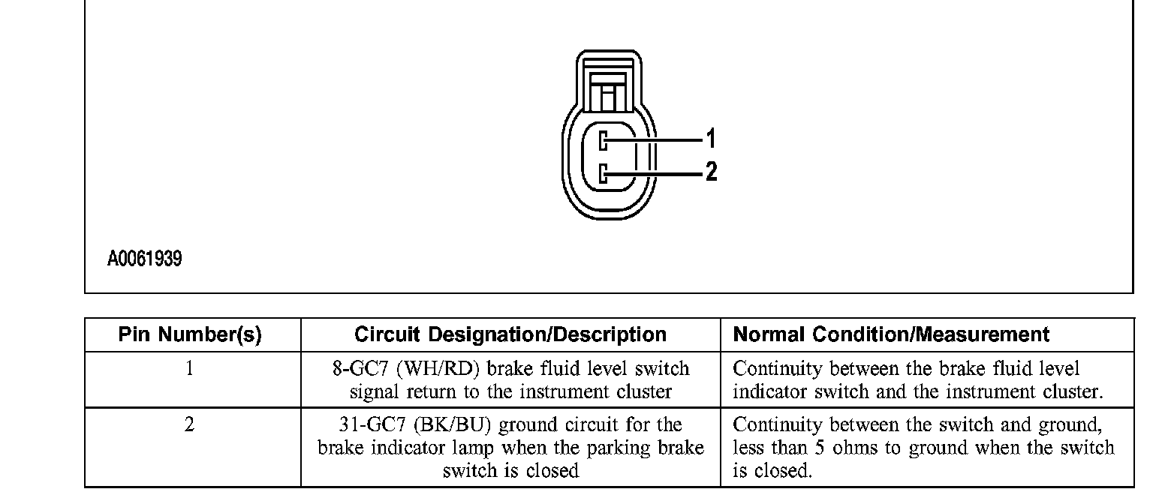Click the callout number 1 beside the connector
pos(711,138)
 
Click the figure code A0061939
pos(144,260)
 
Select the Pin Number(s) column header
pos(190,334)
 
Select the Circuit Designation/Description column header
pos(510,334)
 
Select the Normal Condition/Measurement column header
pos(891,334)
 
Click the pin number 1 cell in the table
pos(190,369)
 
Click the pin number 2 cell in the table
pos(190,425)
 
